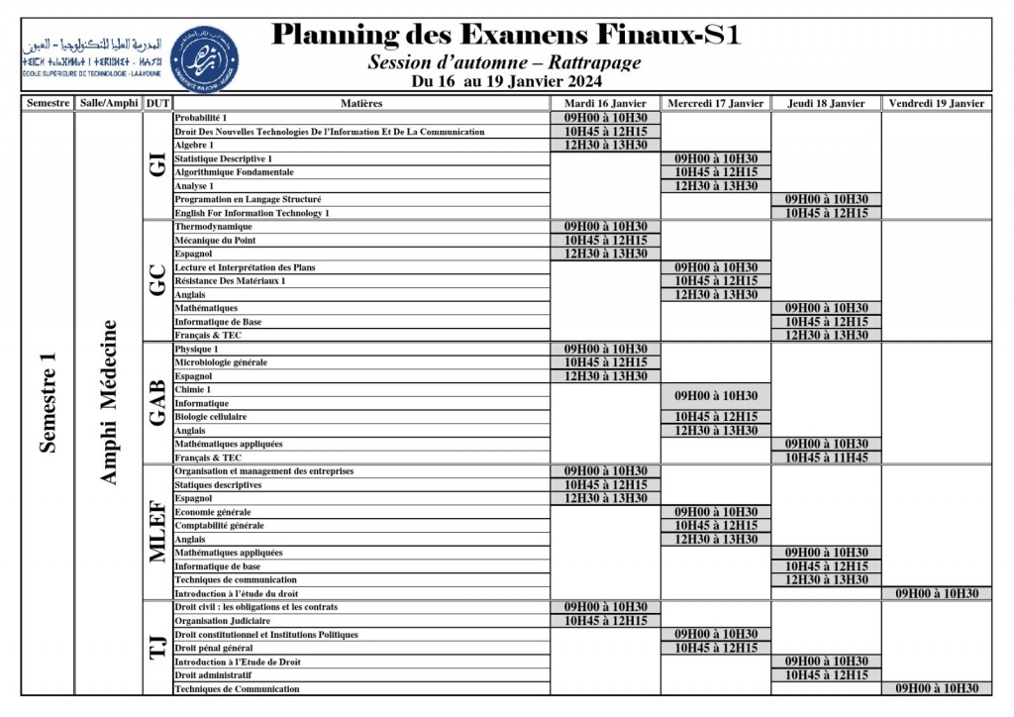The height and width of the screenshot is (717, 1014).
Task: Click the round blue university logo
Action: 204,53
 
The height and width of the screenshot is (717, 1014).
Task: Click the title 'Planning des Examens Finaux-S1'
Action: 505,35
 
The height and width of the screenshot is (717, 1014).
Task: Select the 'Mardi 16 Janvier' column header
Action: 605,103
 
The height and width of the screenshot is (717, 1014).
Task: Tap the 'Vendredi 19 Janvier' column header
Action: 936,103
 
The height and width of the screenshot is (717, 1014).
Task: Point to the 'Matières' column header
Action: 360,103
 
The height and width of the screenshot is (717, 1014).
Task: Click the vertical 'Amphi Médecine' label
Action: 109,402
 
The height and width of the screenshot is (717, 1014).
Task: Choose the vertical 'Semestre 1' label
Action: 48,402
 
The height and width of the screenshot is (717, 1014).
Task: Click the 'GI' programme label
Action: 156,164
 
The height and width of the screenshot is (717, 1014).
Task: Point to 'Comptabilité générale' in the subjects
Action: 219,526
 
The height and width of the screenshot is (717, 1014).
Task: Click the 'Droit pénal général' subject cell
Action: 216,648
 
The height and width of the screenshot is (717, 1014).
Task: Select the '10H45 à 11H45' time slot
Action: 826,458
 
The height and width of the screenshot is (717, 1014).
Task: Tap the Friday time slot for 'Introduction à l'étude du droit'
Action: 936,593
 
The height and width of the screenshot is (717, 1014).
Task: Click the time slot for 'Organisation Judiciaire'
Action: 605,621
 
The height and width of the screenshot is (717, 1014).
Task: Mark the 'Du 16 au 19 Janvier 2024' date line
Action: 505,82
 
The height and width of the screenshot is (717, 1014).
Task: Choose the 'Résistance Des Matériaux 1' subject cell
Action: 230,281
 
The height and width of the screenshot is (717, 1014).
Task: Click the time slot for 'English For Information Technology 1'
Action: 826,213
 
